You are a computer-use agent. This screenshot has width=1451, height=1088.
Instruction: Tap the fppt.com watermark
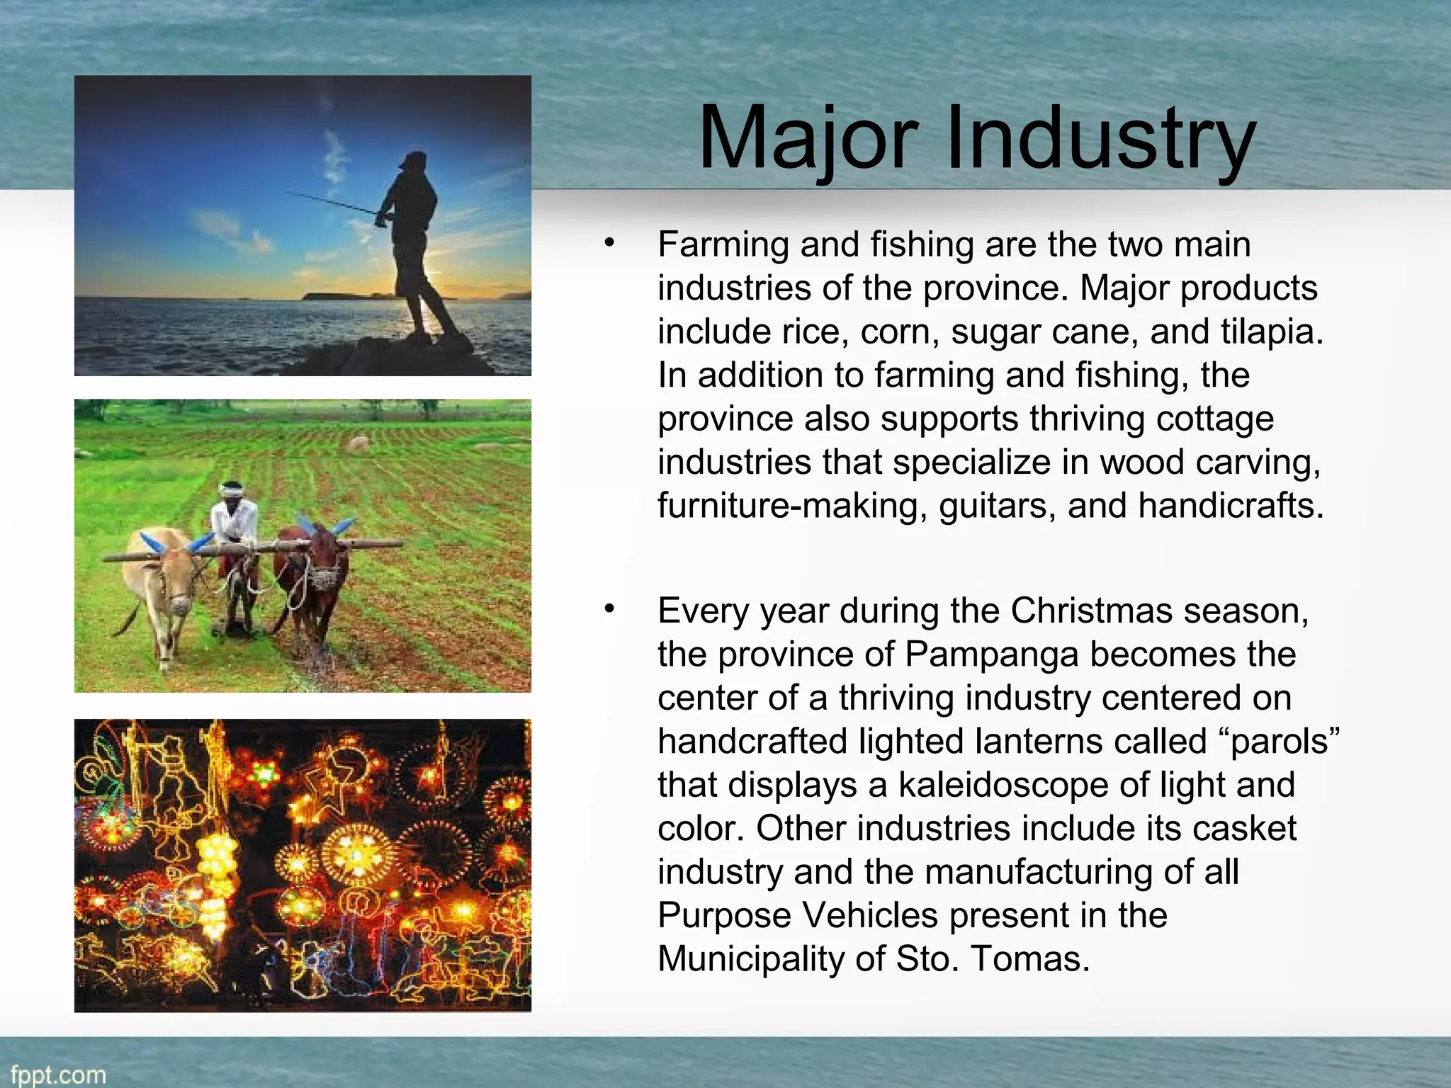[58, 1075]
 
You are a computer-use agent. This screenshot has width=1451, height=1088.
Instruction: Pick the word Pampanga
[992, 654]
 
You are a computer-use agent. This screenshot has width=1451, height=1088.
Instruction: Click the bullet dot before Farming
[609, 243]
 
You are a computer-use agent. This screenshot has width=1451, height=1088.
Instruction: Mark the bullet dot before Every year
[609, 609]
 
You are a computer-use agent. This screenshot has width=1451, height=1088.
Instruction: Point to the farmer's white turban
[231, 487]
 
